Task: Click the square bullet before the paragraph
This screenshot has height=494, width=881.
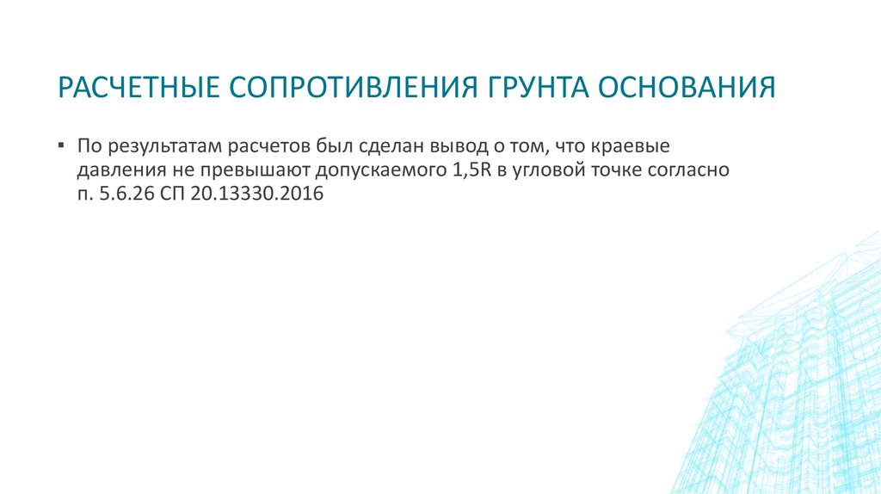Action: pyautogui.click(x=63, y=144)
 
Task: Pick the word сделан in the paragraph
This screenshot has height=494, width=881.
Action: pyautogui.click(x=377, y=145)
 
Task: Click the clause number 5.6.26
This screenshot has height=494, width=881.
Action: pyautogui.click(x=114, y=195)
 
